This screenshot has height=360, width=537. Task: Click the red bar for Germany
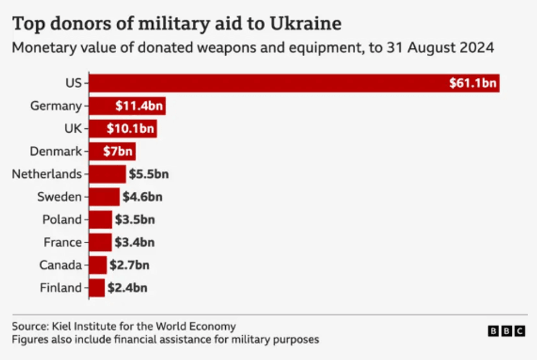(127, 106)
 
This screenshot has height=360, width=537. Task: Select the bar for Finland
(97, 288)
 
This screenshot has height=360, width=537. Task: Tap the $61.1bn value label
(472, 83)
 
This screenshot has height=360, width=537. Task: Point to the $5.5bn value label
(148, 174)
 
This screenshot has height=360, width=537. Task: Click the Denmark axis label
(56, 151)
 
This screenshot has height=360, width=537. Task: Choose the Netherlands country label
(47, 174)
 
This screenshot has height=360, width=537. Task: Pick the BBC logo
(506, 331)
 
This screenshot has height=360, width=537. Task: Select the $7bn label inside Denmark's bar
(114, 151)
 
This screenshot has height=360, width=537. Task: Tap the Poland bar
(101, 220)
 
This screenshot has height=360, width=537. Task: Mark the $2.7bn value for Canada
(129, 265)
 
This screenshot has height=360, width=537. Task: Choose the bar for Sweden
(104, 197)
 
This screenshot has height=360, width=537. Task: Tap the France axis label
(62, 242)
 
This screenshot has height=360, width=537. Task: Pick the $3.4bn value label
(135, 242)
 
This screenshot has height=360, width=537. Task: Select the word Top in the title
(26, 24)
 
